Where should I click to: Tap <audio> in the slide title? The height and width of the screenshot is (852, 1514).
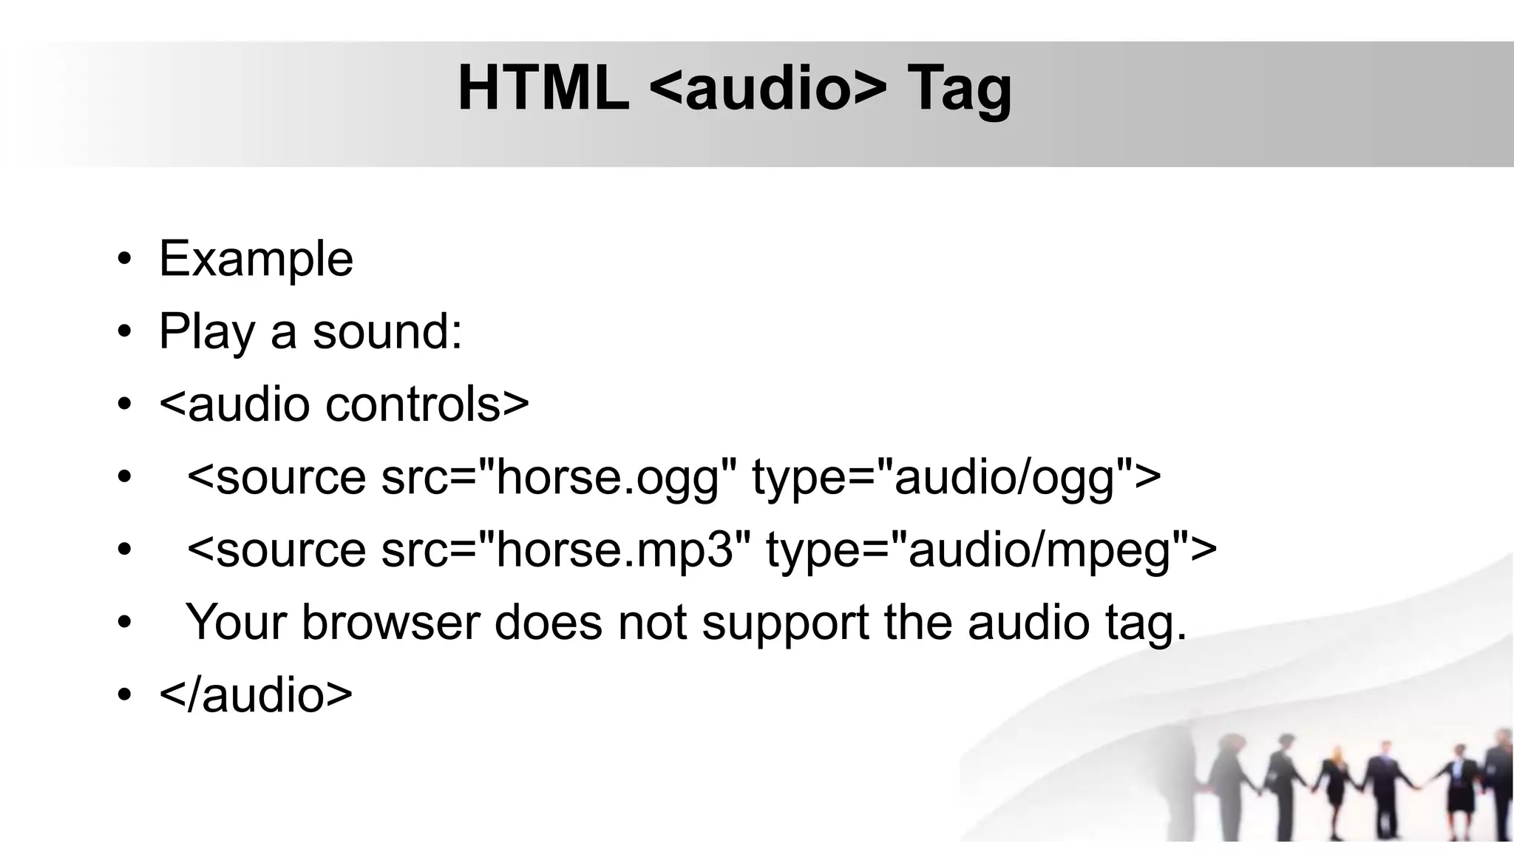pos(768,89)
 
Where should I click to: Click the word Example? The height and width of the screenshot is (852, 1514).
pos(256,259)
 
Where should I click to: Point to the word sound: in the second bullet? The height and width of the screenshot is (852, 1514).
pos(387,331)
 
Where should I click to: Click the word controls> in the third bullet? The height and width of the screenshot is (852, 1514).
pos(427,404)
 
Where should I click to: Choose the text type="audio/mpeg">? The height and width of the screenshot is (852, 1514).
pos(991,550)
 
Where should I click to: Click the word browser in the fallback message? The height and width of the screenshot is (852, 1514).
pos(391,622)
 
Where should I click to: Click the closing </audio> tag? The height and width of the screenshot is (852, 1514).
pos(256,695)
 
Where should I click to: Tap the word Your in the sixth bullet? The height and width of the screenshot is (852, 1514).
pos(236,622)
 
